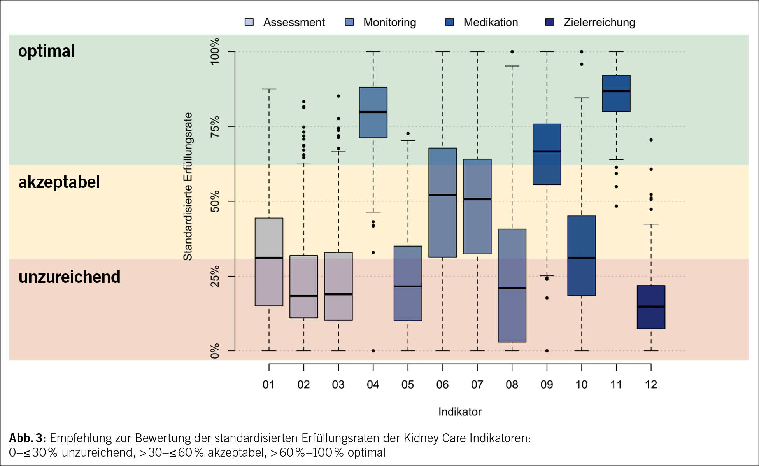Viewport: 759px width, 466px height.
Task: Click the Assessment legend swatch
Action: [x=249, y=22]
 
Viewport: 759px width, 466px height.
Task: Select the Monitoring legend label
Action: [x=389, y=23]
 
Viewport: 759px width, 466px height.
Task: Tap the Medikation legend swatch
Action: [x=449, y=22]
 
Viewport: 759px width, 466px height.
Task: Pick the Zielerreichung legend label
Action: [x=599, y=23]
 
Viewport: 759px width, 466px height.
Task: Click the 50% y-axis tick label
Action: [x=215, y=201]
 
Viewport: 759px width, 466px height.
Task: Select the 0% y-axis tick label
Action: [x=215, y=351]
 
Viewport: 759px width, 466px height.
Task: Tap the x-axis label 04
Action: [x=373, y=385]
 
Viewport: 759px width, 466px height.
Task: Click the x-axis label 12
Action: [x=651, y=385]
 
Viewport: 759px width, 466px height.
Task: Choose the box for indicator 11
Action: [x=616, y=93]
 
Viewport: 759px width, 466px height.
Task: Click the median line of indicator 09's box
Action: [x=547, y=151]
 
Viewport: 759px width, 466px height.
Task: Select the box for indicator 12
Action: [x=651, y=307]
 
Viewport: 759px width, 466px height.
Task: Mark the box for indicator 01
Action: [x=269, y=262]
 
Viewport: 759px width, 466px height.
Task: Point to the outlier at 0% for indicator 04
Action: [x=373, y=351]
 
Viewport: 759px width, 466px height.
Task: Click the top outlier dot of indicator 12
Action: [x=651, y=140]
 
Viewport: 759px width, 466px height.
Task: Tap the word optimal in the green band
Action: [x=46, y=51]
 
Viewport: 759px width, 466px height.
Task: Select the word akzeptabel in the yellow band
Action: [x=59, y=182]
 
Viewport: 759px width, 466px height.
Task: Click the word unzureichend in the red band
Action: [x=70, y=277]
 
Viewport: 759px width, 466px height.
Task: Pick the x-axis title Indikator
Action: [x=460, y=412]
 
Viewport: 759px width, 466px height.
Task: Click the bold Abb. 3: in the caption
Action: [x=28, y=438]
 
